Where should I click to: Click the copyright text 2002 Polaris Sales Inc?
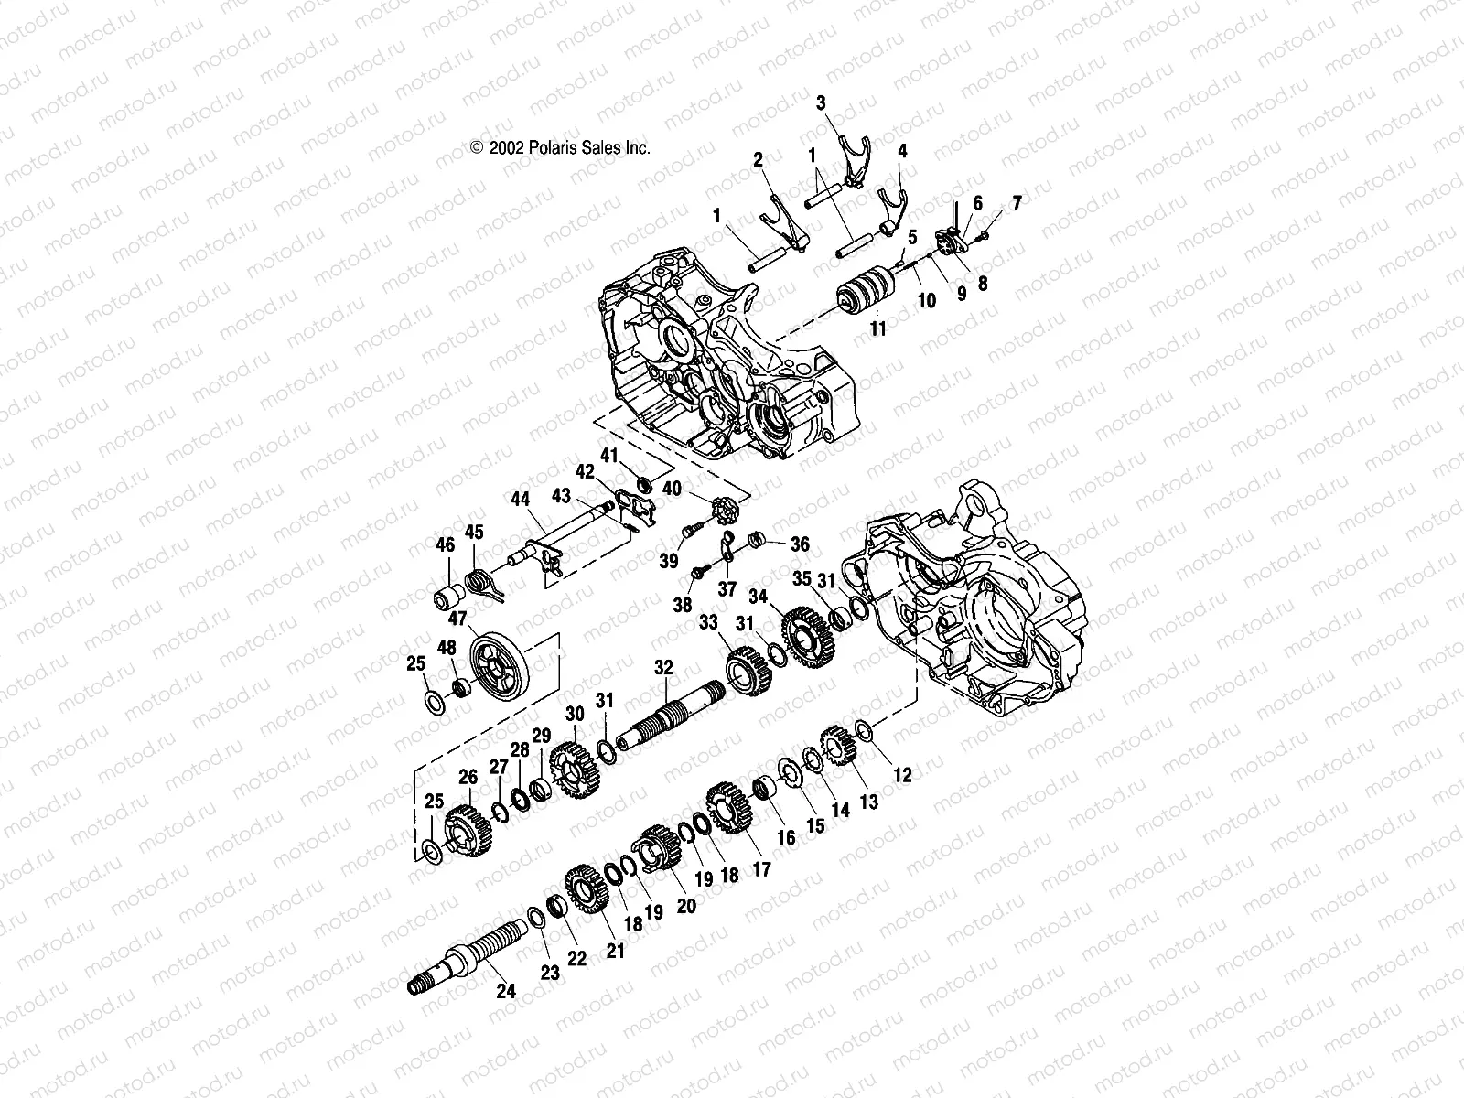coord(560,147)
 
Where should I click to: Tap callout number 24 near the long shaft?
coord(506,990)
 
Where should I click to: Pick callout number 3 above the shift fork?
coord(821,102)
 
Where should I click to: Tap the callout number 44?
coord(520,500)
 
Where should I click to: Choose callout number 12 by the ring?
coord(902,775)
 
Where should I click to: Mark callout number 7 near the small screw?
coord(1016,202)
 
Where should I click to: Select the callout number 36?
coord(801,544)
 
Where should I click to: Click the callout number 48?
coord(446,648)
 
